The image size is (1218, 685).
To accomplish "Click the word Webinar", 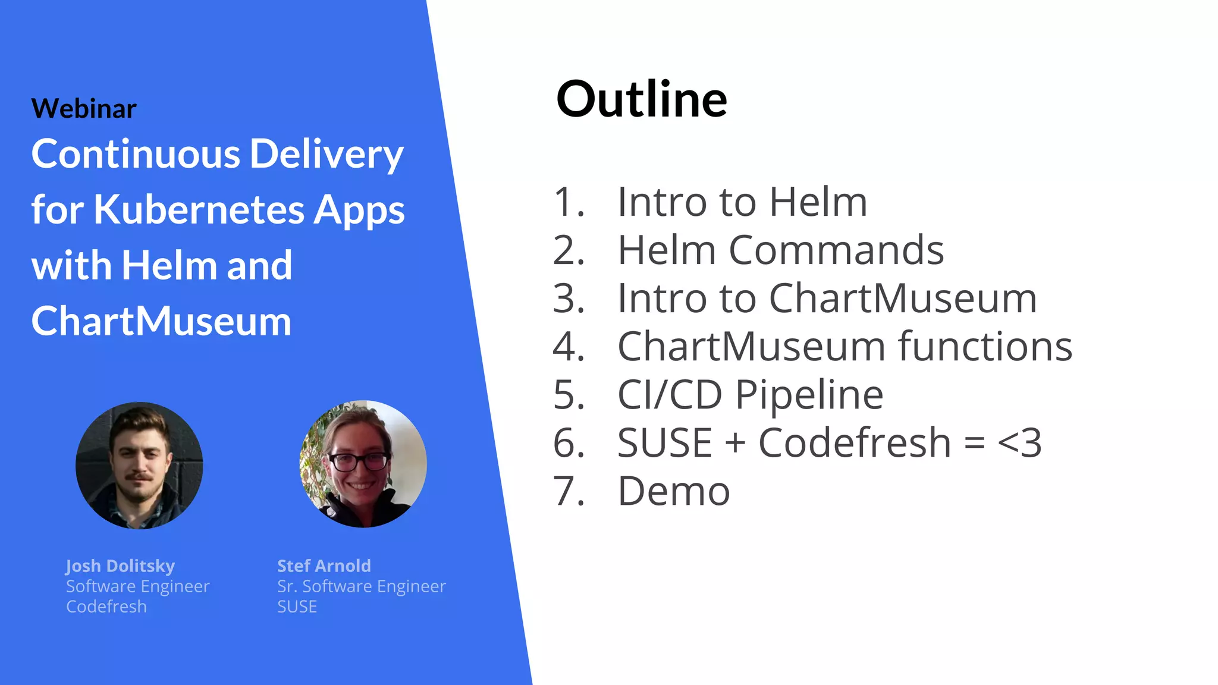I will pyautogui.click(x=84, y=109).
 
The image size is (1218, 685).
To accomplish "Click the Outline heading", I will pyautogui.click(x=641, y=99).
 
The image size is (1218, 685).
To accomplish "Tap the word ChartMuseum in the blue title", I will pyautogui.click(x=161, y=321).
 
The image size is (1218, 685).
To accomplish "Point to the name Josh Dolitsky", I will pyautogui.click(x=120, y=566).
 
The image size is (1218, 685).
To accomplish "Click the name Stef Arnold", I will pyautogui.click(x=324, y=565).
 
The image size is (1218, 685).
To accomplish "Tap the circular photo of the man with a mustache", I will pyautogui.click(x=139, y=465).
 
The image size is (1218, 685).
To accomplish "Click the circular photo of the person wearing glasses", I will pyautogui.click(x=363, y=464).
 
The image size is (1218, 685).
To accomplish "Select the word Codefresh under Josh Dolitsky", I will pyautogui.click(x=106, y=607).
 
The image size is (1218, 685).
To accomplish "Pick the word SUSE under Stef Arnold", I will pyautogui.click(x=297, y=607).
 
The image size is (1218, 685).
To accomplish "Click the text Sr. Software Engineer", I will pyautogui.click(x=361, y=586).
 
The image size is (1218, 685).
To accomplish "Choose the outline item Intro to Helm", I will pyautogui.click(x=742, y=202).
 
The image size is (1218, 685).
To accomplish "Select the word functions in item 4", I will pyautogui.click(x=985, y=346).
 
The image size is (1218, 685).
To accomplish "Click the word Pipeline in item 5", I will pyautogui.click(x=809, y=394).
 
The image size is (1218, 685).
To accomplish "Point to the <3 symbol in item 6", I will pyautogui.click(x=1019, y=443).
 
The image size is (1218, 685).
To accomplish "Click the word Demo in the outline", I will pyautogui.click(x=674, y=491).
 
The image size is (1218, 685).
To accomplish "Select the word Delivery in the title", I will pyautogui.click(x=327, y=154).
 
